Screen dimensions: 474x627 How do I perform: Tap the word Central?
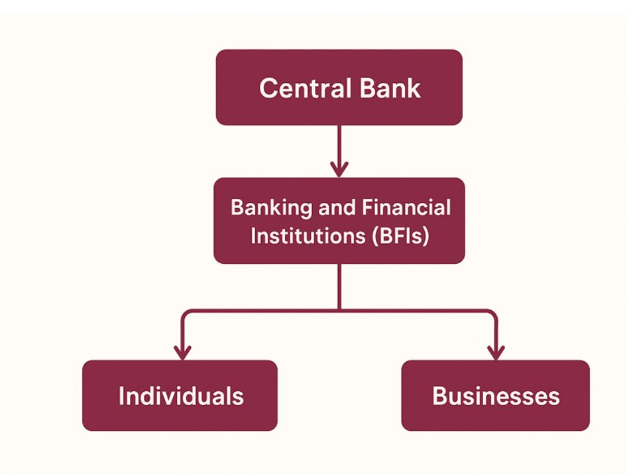(295, 88)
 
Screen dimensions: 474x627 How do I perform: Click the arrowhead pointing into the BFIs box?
(339, 169)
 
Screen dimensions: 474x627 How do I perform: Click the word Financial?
(406, 208)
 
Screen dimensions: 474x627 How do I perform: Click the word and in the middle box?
(337, 208)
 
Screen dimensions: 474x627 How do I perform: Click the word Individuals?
(180, 396)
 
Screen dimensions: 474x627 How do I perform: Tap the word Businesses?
(496, 396)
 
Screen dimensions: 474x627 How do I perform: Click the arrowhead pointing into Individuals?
(182, 352)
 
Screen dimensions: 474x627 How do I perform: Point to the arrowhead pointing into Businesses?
(496, 352)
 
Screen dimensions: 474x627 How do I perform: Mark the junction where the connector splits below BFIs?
(339, 310)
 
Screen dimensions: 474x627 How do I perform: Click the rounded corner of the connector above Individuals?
(185, 312)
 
